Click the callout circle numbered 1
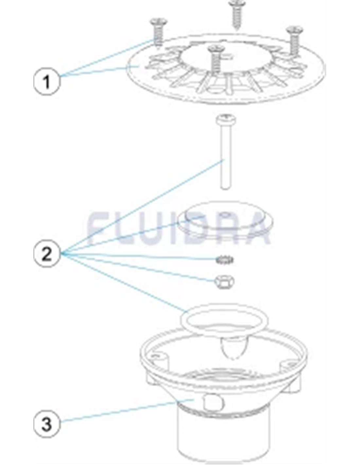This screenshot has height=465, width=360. click(47, 81)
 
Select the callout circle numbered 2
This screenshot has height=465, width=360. click(47, 254)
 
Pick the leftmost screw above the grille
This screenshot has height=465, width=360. click(158, 32)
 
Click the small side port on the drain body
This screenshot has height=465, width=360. click(213, 402)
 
